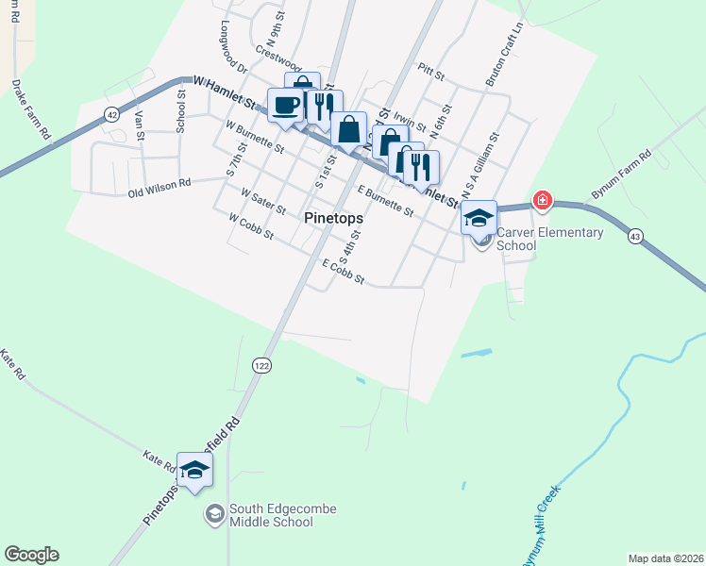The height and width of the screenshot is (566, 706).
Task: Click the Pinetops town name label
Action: pos(335,216)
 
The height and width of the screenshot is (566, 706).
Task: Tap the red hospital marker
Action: pos(543,199)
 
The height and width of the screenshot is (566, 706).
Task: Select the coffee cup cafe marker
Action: pos(285,105)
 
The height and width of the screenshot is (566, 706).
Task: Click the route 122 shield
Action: pos(261,364)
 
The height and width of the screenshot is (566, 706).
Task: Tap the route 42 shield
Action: pos(112,114)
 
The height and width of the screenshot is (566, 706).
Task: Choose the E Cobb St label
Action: pos(343,272)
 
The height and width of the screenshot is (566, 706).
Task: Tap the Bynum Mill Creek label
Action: pos(540,524)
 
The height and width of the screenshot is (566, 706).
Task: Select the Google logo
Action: pos(31,555)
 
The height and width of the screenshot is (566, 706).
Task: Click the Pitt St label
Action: pos(429,71)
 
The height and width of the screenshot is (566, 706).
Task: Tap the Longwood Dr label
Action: pos(232,48)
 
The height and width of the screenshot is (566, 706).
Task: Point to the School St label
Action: pos(180,108)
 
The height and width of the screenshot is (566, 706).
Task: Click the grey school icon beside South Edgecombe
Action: pos(214,514)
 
